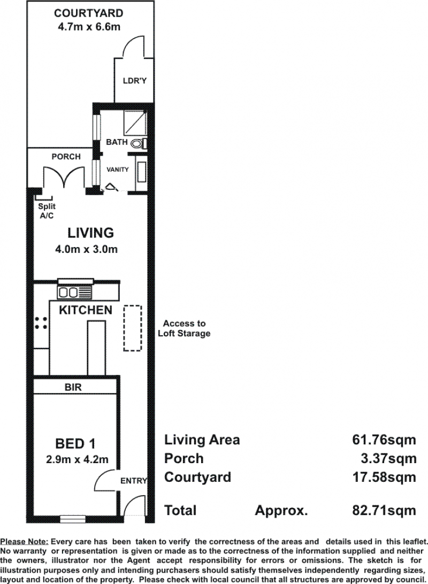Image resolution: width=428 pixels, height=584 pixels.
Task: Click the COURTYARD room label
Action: point(88,13)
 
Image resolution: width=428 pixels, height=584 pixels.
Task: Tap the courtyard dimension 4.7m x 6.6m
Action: point(89,27)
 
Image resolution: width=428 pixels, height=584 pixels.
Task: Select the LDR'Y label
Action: point(135,80)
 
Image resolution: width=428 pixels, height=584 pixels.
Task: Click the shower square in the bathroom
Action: point(134,122)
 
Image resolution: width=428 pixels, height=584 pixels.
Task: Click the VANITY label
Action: point(118,170)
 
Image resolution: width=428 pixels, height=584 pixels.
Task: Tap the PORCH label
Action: point(66,157)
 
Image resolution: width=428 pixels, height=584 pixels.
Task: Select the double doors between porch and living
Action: point(64,178)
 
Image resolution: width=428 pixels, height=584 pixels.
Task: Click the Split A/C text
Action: point(47,211)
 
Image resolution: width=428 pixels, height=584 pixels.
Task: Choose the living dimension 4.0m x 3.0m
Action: point(87,249)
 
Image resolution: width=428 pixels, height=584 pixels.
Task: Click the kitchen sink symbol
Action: point(74,293)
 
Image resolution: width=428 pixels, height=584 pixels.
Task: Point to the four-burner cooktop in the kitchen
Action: point(41,323)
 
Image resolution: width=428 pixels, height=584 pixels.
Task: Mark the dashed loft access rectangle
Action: point(133,328)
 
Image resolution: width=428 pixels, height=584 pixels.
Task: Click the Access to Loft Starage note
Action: point(184,328)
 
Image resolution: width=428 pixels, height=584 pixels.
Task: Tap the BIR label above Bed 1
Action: point(73,387)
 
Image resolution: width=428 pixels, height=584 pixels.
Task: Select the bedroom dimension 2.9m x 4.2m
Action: point(77,459)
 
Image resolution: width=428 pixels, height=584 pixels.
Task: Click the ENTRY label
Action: point(134,481)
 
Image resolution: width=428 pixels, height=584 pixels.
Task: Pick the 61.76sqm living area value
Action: point(384,440)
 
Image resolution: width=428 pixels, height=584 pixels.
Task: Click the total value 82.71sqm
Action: point(384,510)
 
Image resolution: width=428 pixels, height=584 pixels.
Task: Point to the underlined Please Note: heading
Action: point(25,542)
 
